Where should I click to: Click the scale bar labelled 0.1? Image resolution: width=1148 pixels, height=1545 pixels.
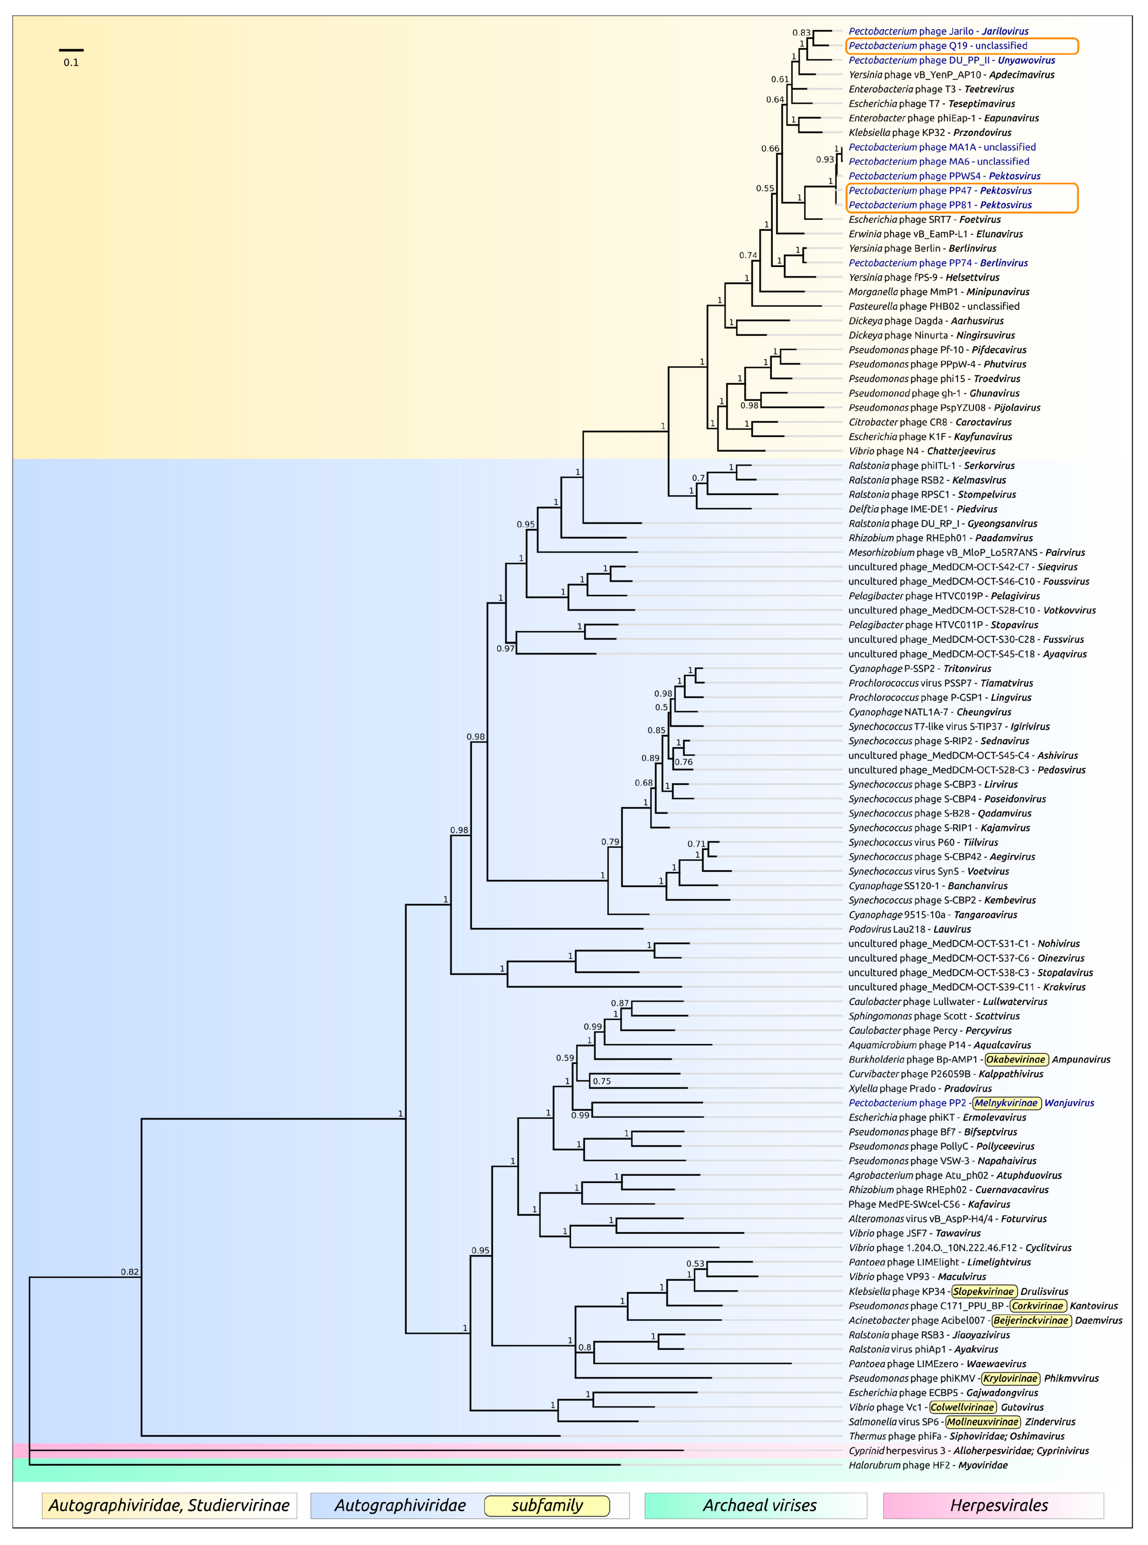(x=71, y=50)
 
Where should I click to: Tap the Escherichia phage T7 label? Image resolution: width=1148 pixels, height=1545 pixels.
(x=931, y=104)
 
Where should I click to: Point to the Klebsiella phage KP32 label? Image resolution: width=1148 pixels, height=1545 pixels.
(x=930, y=133)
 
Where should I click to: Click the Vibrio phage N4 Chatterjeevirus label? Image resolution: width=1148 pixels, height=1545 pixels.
(x=921, y=451)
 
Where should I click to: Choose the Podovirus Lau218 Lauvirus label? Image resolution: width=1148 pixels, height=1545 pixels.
(x=910, y=929)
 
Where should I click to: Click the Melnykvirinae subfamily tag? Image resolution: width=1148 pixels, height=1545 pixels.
(x=1006, y=1103)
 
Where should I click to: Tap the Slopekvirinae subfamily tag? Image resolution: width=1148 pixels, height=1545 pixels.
(x=983, y=1291)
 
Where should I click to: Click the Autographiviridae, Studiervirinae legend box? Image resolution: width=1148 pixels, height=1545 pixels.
(x=169, y=1505)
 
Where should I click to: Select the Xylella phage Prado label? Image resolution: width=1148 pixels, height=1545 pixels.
(x=920, y=1088)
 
